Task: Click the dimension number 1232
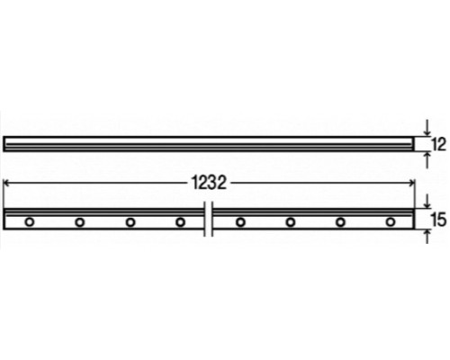pyautogui.click(x=209, y=183)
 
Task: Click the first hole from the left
pyautogui.click(x=30, y=221)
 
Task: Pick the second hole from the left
pyautogui.click(x=80, y=221)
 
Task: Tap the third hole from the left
pyautogui.click(x=130, y=221)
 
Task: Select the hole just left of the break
pyautogui.click(x=180, y=221)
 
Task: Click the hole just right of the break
pyautogui.click(x=240, y=221)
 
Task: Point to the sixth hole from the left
pyautogui.click(x=291, y=221)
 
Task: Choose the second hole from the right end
pyautogui.click(x=341, y=221)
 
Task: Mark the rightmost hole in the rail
pyautogui.click(x=391, y=221)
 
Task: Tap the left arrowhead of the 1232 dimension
pyautogui.click(x=9, y=183)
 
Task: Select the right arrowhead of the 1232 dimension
pyautogui.click(x=411, y=183)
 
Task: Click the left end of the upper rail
pyautogui.click(x=6, y=142)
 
